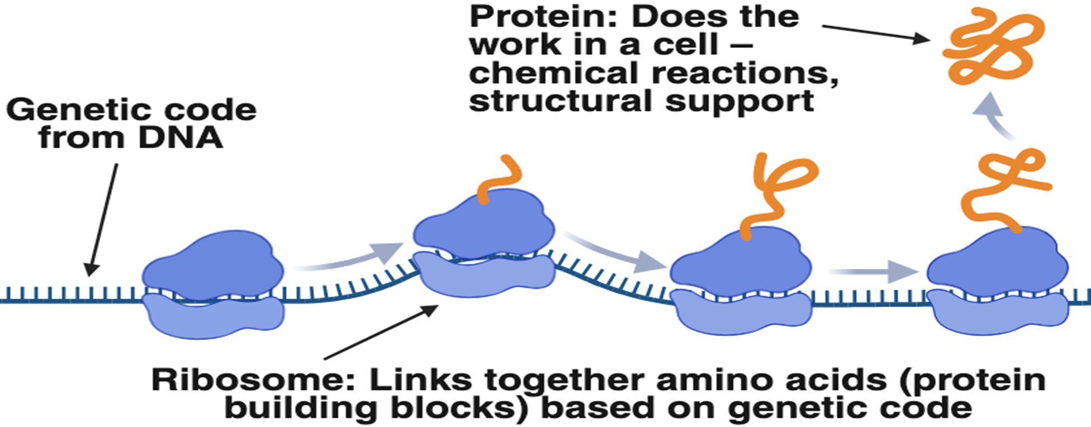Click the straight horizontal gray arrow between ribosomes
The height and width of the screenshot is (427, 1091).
pos(875,272)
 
